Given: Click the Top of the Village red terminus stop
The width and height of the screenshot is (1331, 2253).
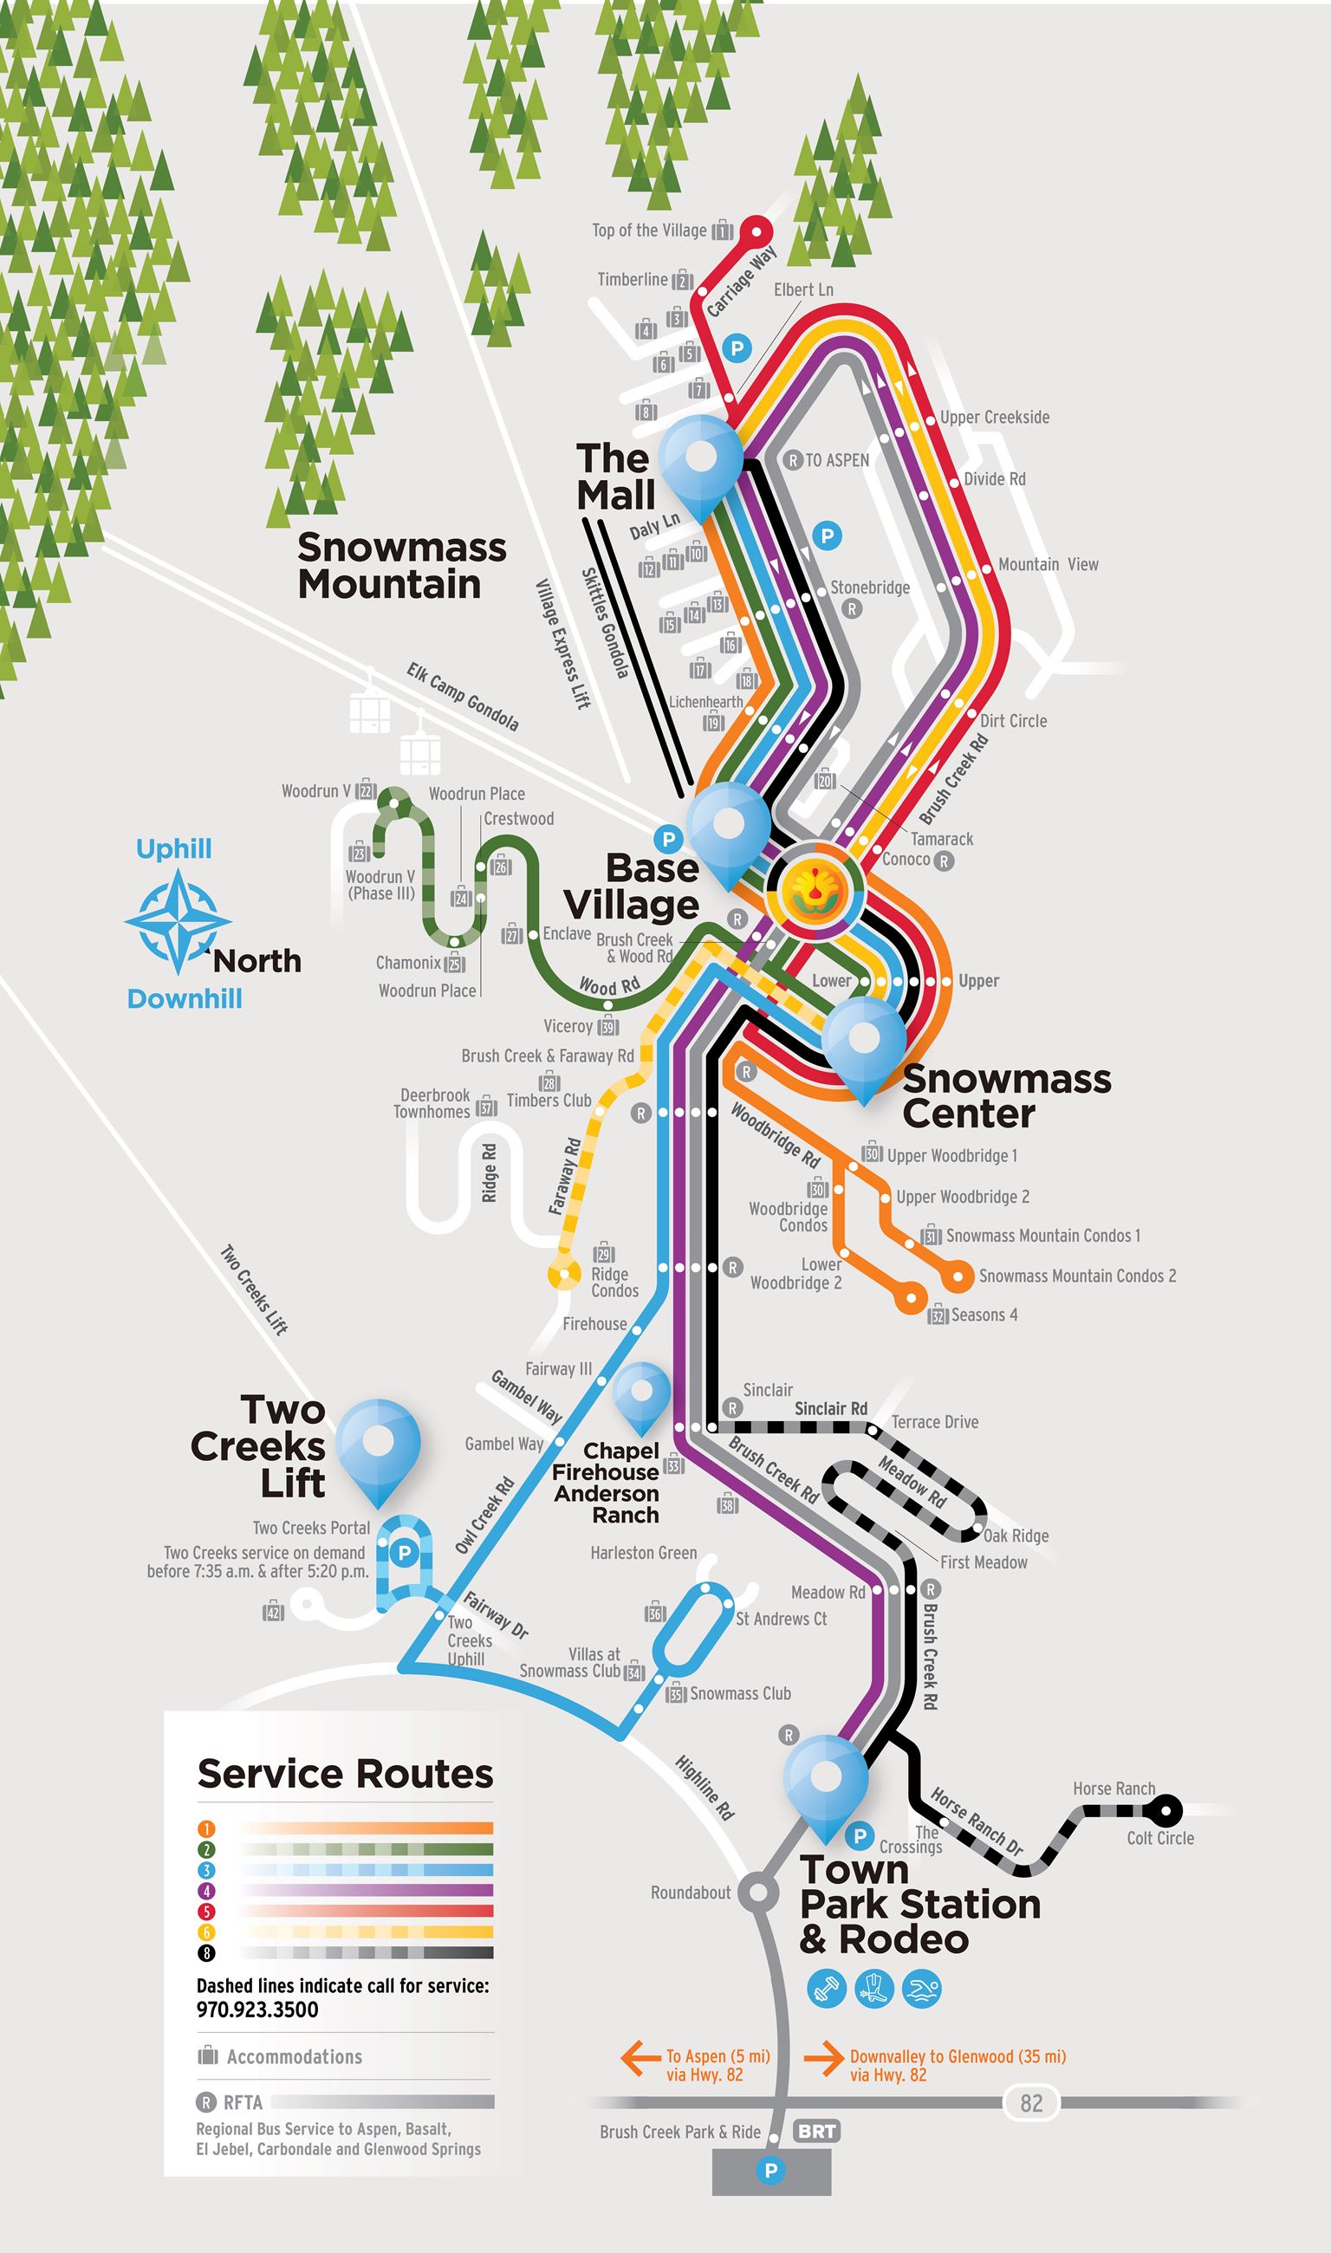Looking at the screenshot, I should click(x=756, y=231).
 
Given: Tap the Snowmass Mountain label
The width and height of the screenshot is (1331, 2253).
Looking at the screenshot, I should click(x=401, y=565).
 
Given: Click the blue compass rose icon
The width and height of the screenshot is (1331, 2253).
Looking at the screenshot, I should click(x=178, y=923).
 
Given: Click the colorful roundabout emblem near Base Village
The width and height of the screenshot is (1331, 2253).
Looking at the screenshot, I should click(x=815, y=888).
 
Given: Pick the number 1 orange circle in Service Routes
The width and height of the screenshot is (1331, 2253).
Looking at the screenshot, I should click(x=206, y=1828).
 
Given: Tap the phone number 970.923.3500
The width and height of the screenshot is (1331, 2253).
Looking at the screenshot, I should click(x=257, y=2009).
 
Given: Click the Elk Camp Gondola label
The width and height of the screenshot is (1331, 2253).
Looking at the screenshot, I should click(x=462, y=697).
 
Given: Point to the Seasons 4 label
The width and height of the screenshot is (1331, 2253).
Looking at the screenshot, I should click(x=984, y=1315).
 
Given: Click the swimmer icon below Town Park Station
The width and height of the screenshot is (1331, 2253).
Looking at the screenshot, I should click(x=921, y=1989).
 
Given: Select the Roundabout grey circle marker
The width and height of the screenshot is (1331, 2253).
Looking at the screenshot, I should click(x=759, y=1893).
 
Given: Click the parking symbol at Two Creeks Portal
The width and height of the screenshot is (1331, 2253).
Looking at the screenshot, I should click(x=405, y=1552).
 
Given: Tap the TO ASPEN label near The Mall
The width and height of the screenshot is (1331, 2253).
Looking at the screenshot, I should click(x=836, y=460).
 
